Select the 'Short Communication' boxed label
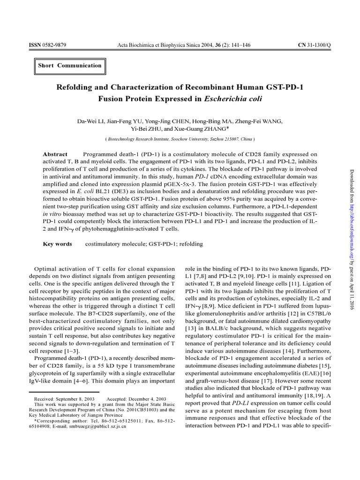point(70,66)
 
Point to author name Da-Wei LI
point(90,121)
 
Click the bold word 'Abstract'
point(55,154)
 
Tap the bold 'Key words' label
point(57,244)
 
